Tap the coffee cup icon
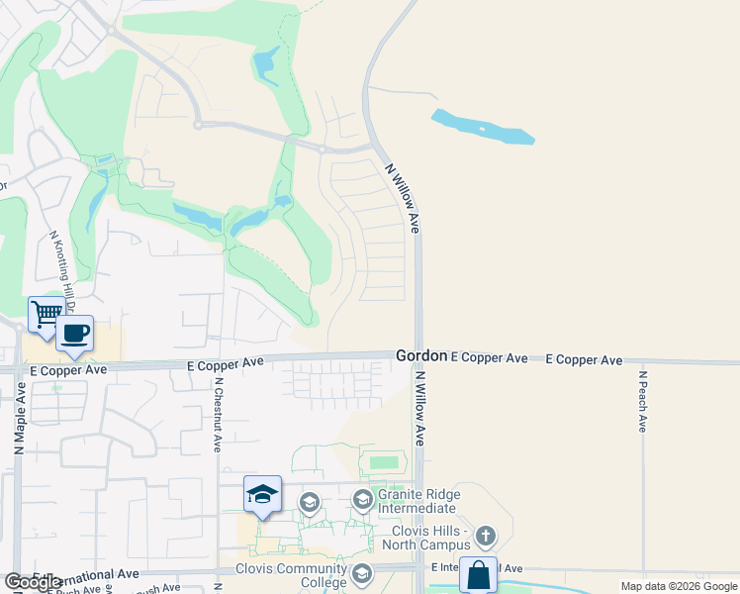point(75,334)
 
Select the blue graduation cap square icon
point(262,495)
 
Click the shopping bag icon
point(478,575)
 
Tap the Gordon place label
point(421,355)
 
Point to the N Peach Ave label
point(642,402)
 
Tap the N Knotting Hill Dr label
point(61,266)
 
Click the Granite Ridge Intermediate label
point(416,501)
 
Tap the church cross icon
point(485,537)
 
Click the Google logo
point(33,582)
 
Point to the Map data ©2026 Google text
point(679,586)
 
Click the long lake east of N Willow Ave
point(482,127)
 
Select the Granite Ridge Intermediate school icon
point(362,499)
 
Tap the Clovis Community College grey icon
point(362,572)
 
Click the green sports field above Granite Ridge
point(383,462)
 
